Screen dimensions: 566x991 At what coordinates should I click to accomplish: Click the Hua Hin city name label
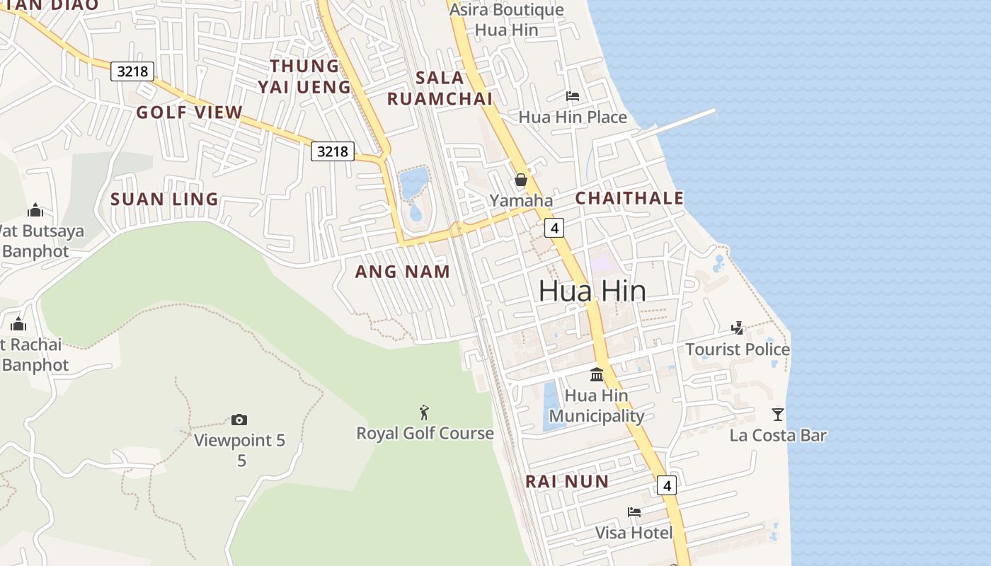click(592, 291)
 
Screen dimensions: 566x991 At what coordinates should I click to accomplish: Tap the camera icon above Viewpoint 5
click(239, 420)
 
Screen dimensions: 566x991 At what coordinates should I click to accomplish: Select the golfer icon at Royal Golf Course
click(424, 412)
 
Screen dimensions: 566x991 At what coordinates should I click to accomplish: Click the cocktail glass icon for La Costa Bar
click(778, 414)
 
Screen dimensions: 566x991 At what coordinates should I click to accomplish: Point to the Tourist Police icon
click(738, 328)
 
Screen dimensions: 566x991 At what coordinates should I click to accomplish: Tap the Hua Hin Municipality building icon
click(597, 374)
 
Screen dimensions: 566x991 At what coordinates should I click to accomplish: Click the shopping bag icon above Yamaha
click(521, 180)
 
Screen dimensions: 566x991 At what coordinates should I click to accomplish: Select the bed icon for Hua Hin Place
click(573, 96)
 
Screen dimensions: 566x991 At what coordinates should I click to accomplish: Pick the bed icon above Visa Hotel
click(634, 512)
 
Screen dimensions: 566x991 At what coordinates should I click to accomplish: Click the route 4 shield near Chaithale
click(554, 228)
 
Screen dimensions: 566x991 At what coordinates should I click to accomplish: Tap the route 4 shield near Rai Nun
click(666, 485)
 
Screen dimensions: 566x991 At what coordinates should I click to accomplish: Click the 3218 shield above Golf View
click(132, 71)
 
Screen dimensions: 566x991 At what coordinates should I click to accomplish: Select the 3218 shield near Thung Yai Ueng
click(333, 151)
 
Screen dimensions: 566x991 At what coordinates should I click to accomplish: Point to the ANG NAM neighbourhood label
click(402, 272)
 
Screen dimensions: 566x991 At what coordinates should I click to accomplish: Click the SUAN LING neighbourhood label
click(164, 200)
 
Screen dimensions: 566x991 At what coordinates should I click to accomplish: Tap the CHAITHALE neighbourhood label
click(629, 198)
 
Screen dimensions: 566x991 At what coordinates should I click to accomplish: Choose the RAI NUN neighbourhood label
click(567, 482)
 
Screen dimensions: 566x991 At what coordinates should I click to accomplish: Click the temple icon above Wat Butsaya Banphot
click(35, 210)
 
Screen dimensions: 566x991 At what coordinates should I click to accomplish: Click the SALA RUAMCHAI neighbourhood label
click(440, 88)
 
